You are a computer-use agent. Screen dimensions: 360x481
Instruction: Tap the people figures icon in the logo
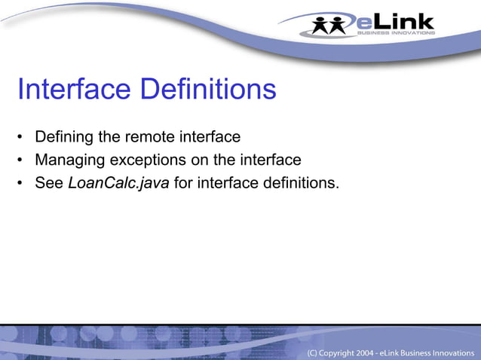point(331,24)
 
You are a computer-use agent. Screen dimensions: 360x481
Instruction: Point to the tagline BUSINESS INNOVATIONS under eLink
point(395,32)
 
